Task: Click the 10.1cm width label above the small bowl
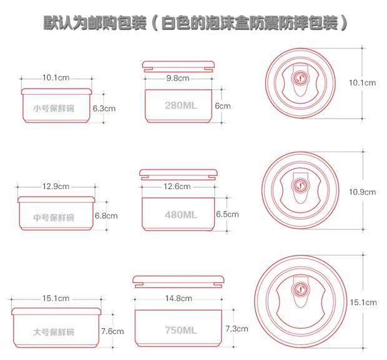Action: (x=56, y=78)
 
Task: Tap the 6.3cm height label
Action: (x=104, y=108)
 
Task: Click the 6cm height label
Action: (x=223, y=105)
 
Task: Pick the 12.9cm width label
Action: (x=56, y=187)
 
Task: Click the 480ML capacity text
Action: (x=181, y=215)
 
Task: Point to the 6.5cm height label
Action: (x=227, y=214)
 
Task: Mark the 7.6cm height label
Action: (x=112, y=331)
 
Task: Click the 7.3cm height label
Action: (x=237, y=328)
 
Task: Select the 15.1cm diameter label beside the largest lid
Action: (x=363, y=303)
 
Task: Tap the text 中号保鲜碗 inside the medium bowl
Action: (x=54, y=218)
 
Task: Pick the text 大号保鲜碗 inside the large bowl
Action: (x=54, y=332)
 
